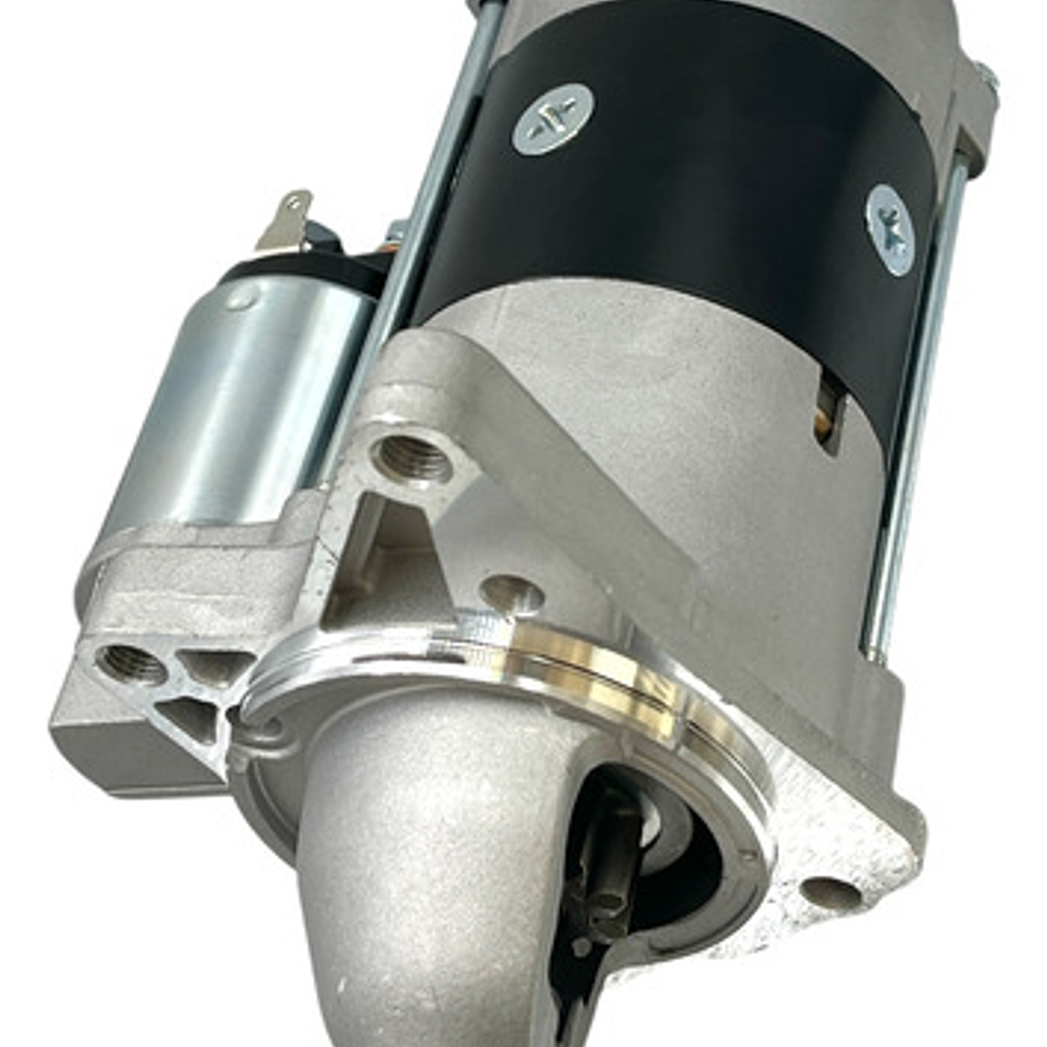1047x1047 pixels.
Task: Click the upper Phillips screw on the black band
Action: [x=552, y=118]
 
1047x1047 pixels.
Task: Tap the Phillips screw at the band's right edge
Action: [x=890, y=230]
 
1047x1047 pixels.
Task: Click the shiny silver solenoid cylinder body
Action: [x=243, y=388]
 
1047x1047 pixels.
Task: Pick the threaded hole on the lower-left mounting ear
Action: [x=132, y=664]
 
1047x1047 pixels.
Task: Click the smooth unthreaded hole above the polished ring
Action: [x=511, y=594]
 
